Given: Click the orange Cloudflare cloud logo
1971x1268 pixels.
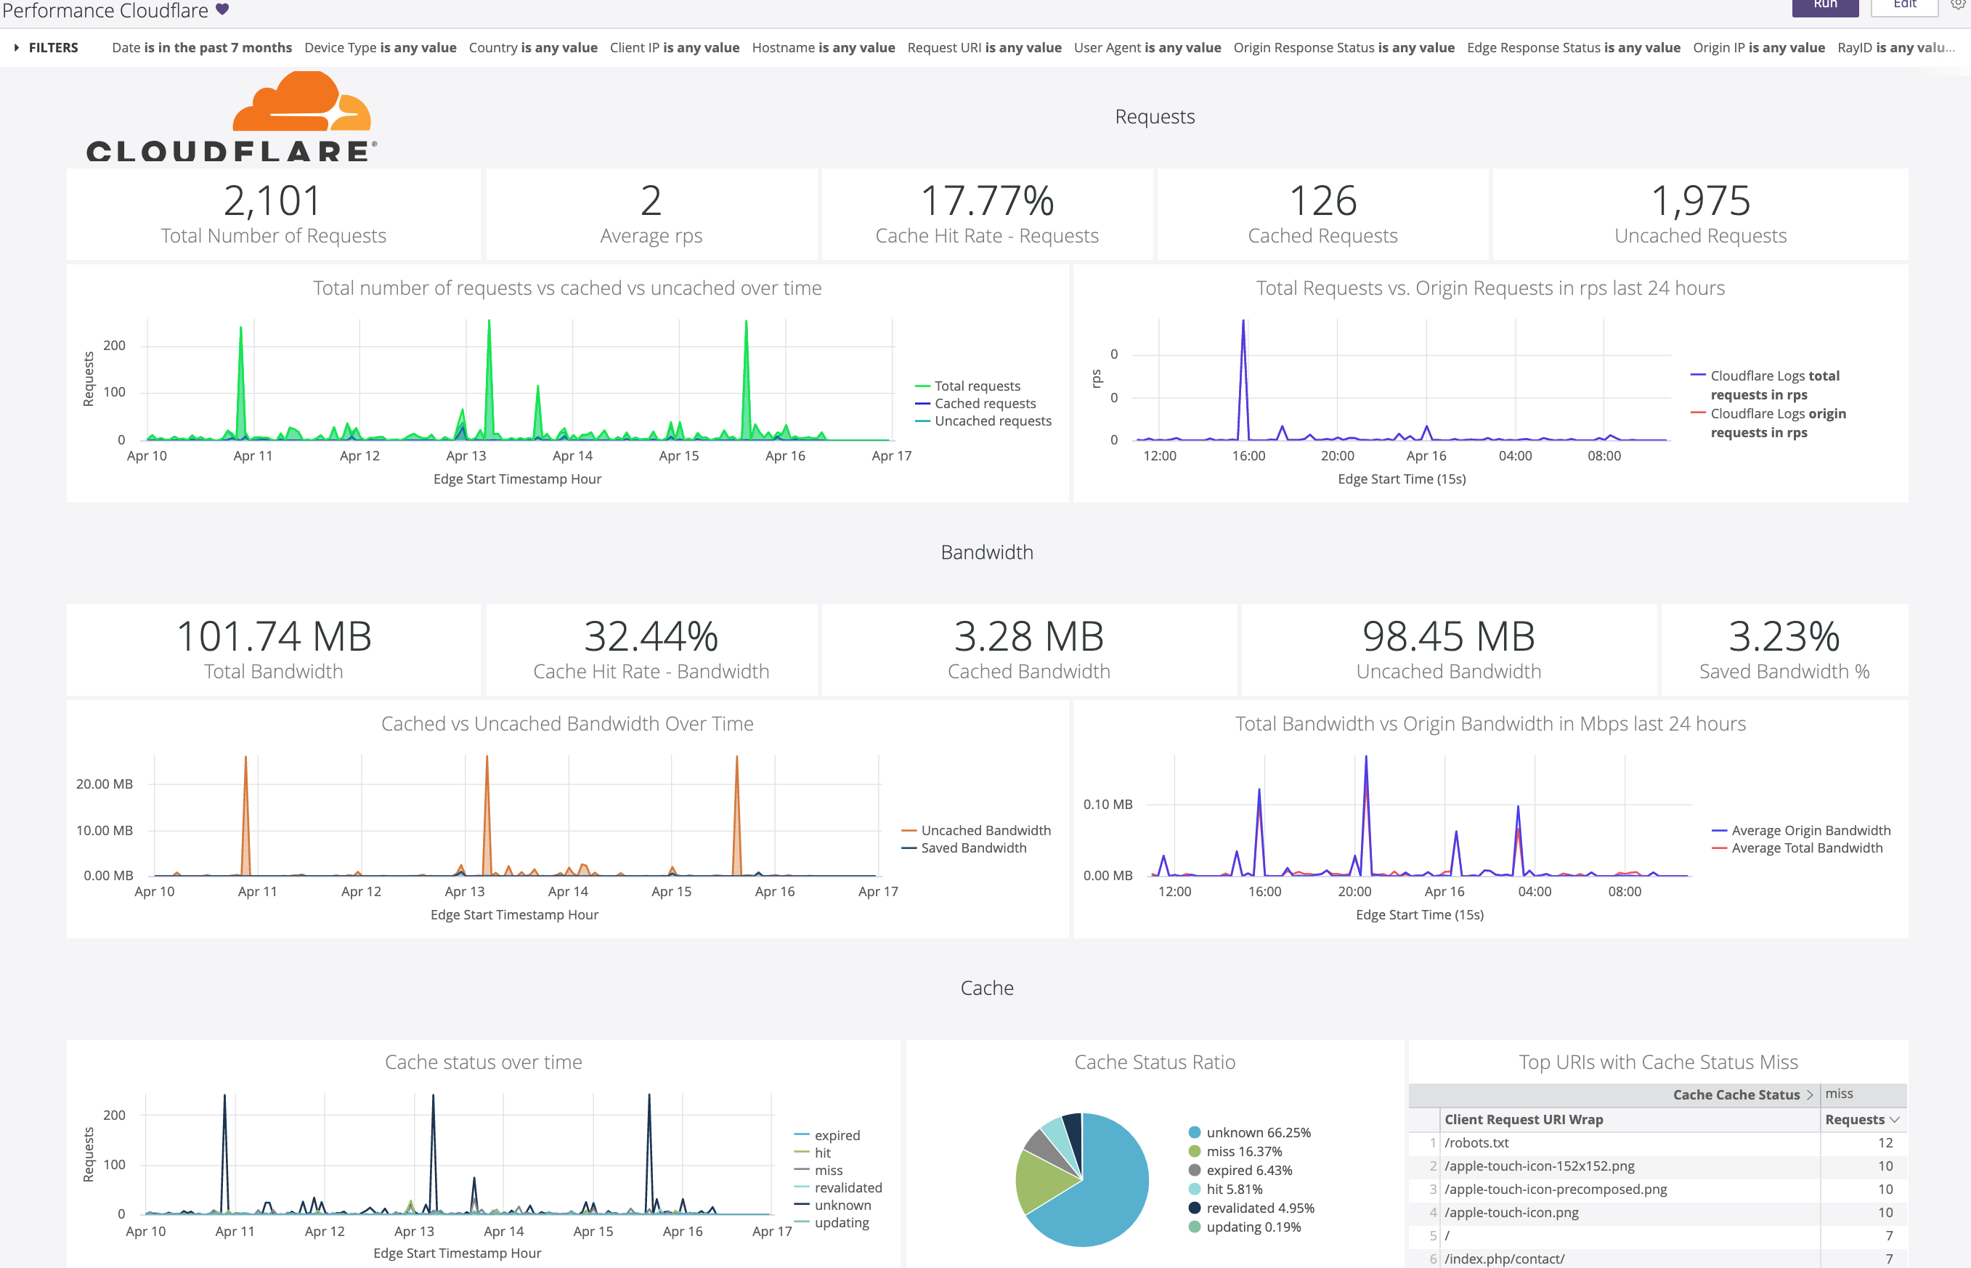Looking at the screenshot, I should pos(301,103).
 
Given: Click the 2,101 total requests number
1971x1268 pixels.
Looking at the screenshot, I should pos(272,201).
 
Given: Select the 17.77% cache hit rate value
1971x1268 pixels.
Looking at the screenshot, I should pos(986,201).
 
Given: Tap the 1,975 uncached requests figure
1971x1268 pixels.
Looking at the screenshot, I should pos(1700,201).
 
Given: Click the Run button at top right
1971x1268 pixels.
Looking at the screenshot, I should pos(1824,5).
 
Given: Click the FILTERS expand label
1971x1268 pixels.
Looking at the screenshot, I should pos(53,48).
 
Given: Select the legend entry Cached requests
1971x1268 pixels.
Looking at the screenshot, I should pos(985,404).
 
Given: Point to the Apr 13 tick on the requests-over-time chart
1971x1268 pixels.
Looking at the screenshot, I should pos(466,456).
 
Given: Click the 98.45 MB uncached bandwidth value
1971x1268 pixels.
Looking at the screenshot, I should pos(1448,636).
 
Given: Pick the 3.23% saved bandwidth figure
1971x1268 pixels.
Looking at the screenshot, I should pos(1784,636).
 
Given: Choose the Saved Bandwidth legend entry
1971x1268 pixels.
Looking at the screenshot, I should pos(973,848).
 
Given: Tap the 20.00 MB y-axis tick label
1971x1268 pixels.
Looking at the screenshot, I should pos(104,784).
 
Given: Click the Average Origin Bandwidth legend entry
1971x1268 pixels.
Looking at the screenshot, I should pos(1811,831).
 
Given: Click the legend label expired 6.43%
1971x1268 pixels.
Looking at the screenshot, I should pos(1249,1170).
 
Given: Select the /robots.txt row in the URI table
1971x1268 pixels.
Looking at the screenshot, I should pos(1476,1143).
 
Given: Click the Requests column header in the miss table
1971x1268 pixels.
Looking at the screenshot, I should pos(1855,1120).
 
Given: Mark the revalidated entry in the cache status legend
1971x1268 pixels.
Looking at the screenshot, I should pos(848,1187).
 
